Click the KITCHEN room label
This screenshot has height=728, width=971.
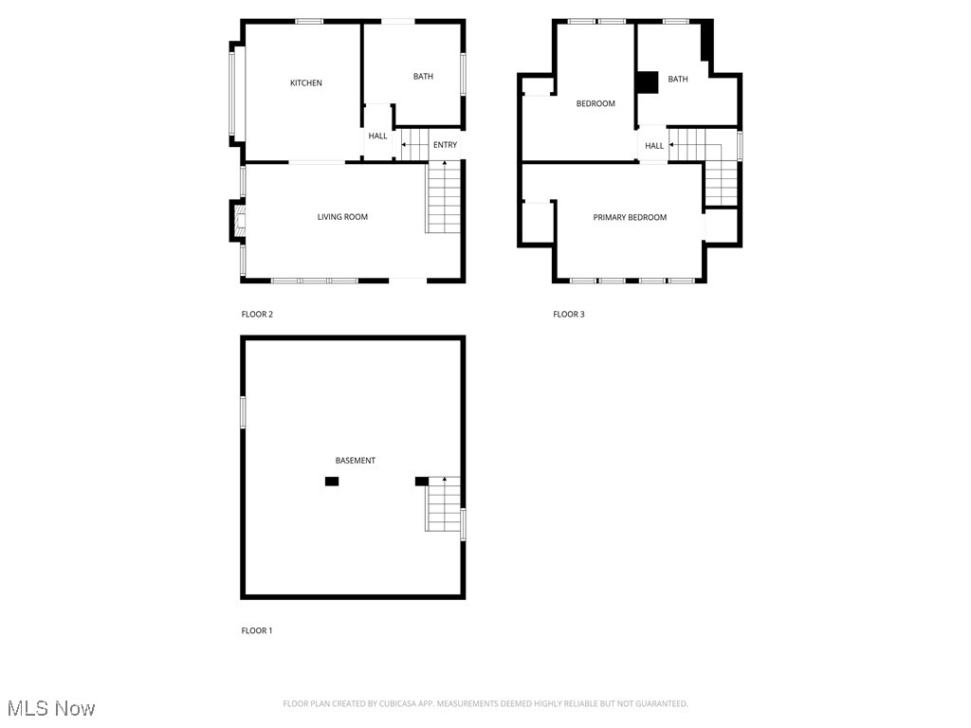click(305, 83)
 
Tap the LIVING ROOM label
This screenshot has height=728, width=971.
click(342, 217)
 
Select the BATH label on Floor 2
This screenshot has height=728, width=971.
click(423, 77)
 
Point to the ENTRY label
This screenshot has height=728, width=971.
click(445, 145)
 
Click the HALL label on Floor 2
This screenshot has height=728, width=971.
click(377, 136)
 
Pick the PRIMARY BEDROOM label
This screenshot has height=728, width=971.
click(630, 218)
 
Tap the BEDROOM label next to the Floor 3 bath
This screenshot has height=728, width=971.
click(595, 104)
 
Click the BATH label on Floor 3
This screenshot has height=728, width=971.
click(678, 80)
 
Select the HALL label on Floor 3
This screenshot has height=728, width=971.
click(654, 146)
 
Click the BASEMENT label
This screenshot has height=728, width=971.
click(356, 461)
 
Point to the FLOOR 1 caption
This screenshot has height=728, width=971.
click(257, 630)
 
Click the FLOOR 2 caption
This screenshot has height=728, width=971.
click(257, 314)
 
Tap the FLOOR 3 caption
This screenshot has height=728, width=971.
click(569, 314)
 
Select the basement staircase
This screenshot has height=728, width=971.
click(443, 504)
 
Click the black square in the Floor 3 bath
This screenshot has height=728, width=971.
click(647, 82)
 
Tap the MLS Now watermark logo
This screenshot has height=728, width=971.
click(51, 708)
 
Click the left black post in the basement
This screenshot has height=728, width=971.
click(332, 482)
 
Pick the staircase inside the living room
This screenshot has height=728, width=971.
click(443, 197)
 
